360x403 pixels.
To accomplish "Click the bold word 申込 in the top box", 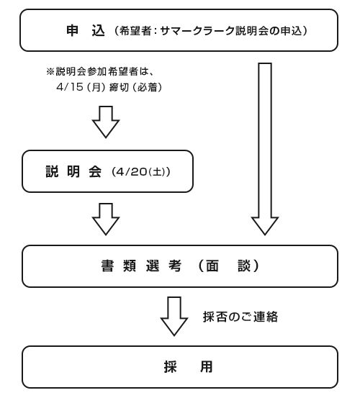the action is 86,31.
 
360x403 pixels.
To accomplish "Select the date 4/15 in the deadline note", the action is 70,87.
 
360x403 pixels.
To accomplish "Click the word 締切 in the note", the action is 119,87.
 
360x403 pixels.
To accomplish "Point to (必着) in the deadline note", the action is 148,87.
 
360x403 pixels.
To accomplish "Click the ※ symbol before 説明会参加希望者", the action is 50,71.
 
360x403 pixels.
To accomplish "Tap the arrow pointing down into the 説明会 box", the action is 106,122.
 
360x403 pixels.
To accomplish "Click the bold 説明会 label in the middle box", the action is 73,171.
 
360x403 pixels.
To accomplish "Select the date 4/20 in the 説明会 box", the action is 131,172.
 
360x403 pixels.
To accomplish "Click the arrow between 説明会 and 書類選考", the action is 106,219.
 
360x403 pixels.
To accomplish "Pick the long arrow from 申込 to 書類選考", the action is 265,149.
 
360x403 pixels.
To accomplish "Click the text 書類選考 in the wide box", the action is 141,266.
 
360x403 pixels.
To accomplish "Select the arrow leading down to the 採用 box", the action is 174,316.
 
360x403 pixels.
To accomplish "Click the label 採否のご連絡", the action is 240,317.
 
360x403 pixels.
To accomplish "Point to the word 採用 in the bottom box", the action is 189,367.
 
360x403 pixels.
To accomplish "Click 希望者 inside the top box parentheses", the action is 135,31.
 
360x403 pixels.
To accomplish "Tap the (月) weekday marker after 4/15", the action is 96,87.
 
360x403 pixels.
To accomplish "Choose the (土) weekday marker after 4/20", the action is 157,172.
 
